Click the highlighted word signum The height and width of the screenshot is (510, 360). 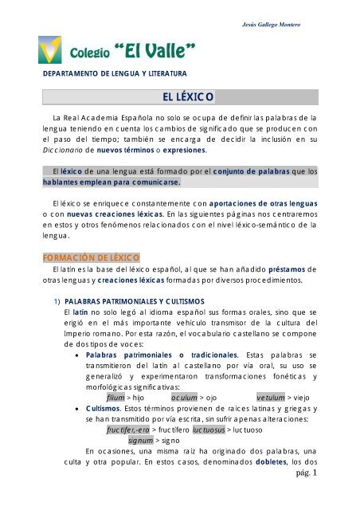[141, 439]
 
